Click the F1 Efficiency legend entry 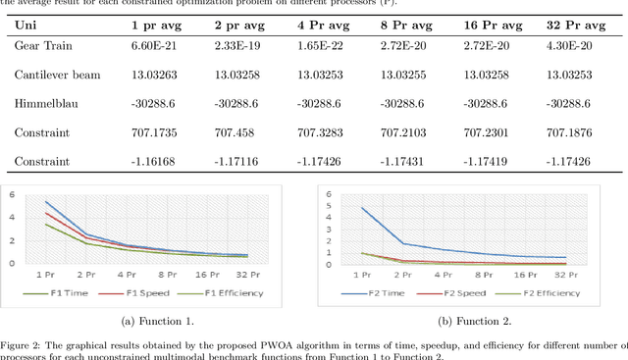[225, 292]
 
